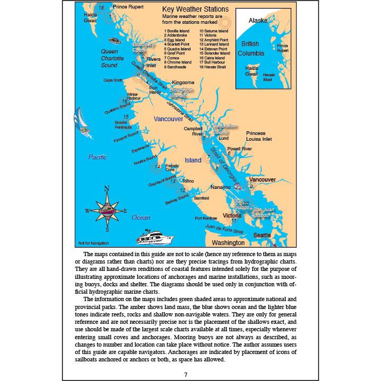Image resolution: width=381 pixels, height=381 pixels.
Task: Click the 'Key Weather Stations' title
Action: [x=195, y=10]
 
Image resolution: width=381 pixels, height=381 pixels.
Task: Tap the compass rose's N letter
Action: [x=107, y=188]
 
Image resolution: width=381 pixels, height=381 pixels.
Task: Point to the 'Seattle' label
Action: [x=263, y=234]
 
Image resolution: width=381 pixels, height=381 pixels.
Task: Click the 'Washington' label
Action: [x=228, y=243]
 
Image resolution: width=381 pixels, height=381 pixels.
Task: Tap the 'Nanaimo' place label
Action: [x=221, y=187]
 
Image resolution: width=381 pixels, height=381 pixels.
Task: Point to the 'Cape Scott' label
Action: [x=112, y=80]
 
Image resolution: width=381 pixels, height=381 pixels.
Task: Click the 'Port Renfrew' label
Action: [x=206, y=218]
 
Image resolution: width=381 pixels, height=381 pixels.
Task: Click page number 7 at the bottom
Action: [x=185, y=375]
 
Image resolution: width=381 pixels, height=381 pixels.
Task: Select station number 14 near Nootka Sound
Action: [x=157, y=167]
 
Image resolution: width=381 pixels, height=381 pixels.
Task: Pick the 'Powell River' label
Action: [x=240, y=149]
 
